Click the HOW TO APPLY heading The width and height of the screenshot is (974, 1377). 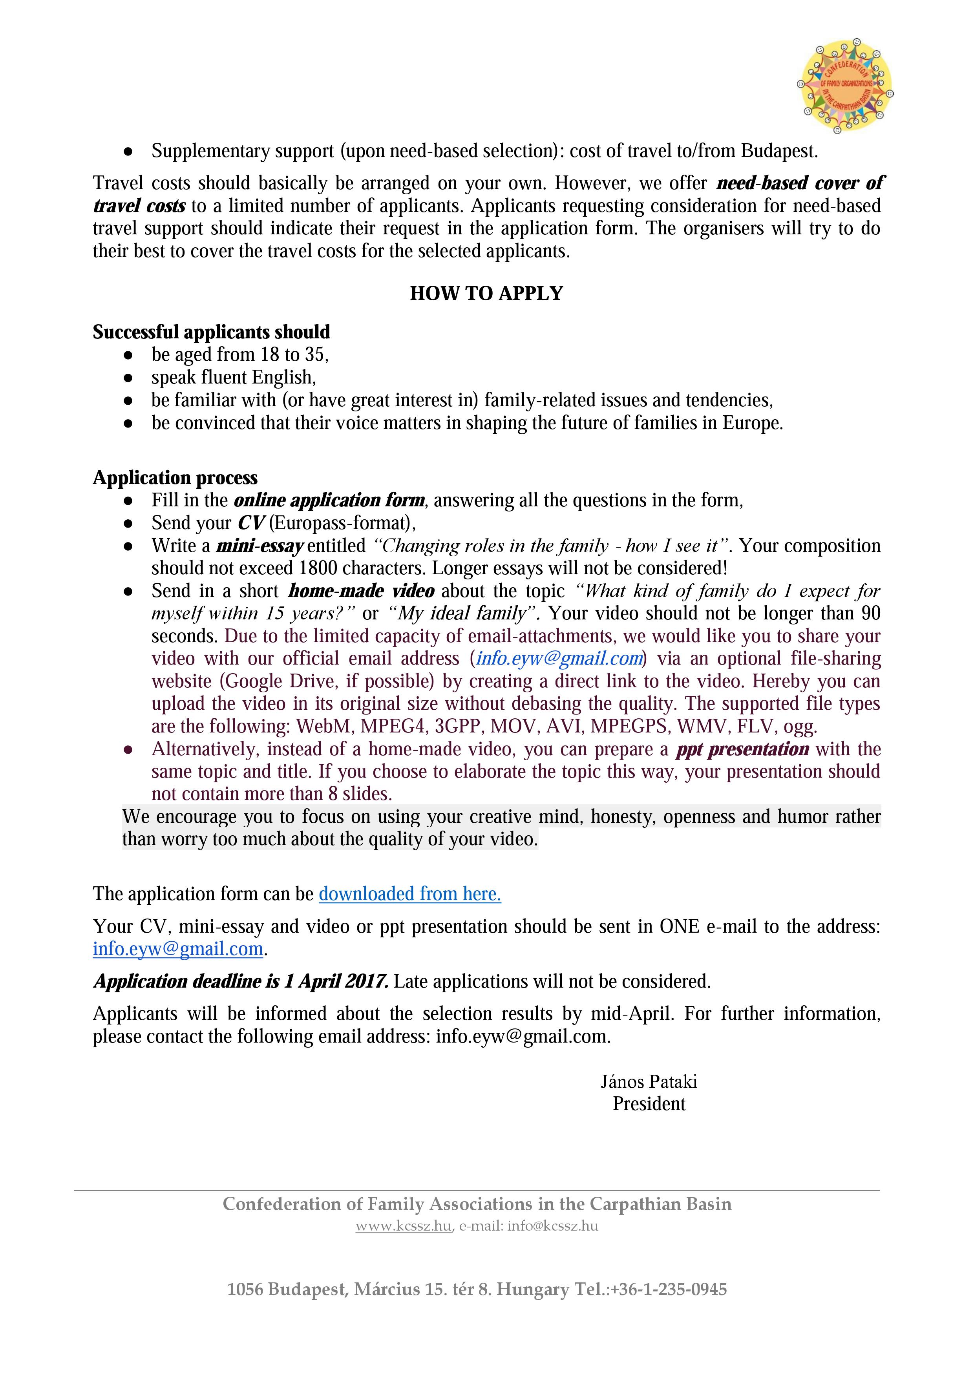(x=486, y=293)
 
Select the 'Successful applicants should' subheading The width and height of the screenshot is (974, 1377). (x=211, y=332)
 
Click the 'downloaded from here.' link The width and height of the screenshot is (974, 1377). (x=409, y=894)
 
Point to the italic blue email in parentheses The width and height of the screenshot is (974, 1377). (x=559, y=659)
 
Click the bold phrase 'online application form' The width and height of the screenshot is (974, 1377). (x=329, y=500)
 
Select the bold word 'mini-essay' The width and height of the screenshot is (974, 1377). (x=260, y=546)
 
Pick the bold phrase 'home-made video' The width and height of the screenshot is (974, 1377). (x=361, y=591)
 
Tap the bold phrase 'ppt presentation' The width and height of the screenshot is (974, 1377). (x=742, y=749)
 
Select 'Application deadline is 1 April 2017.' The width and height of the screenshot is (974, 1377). (x=241, y=981)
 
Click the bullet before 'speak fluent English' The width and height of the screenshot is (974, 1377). (x=128, y=378)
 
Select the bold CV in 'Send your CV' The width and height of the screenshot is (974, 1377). (x=251, y=523)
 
